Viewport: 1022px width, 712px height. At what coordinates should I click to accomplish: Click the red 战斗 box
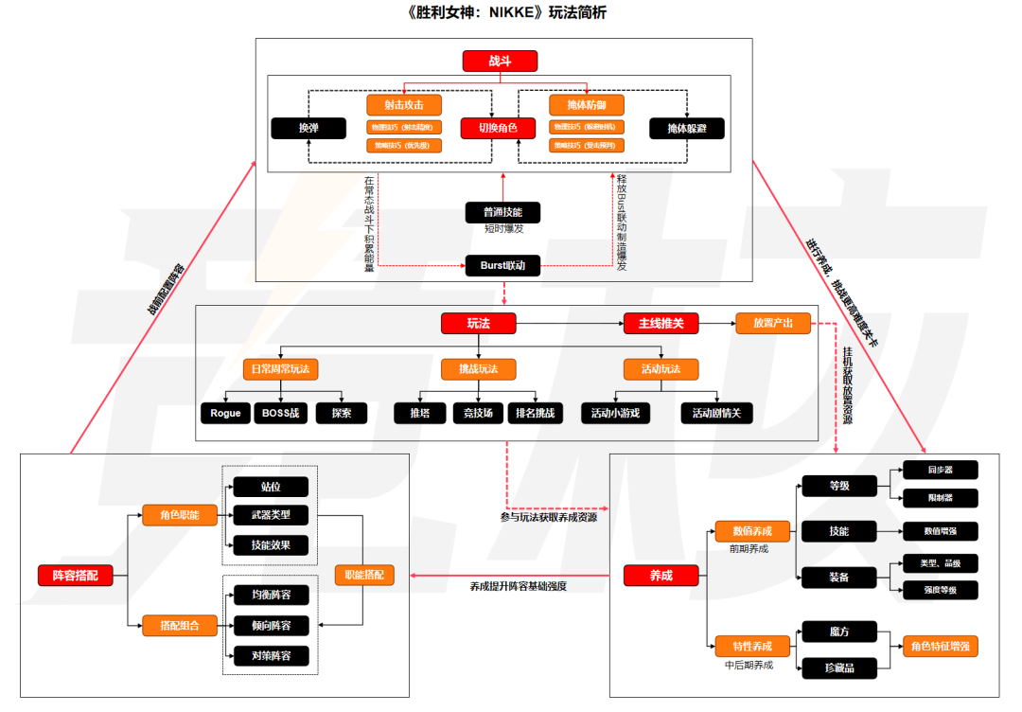[500, 62]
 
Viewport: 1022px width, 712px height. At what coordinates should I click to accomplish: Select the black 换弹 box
[308, 128]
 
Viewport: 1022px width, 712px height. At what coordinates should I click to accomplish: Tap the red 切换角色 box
[498, 128]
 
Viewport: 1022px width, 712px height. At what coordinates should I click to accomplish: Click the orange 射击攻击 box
[404, 105]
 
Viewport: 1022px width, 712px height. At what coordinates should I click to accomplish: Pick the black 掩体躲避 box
[687, 128]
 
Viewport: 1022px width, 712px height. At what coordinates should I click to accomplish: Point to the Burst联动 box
[502, 266]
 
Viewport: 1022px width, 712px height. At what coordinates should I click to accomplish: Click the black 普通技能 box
[502, 212]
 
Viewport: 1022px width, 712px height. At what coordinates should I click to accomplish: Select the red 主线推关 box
[667, 324]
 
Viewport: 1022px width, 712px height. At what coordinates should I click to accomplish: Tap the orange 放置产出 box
[773, 324]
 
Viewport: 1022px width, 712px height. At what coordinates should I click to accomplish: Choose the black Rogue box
[226, 414]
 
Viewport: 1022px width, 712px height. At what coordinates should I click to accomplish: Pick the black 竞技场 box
[477, 414]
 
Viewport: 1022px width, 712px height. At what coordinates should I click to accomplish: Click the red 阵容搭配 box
[75, 575]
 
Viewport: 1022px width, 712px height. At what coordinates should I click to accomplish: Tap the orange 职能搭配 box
[364, 575]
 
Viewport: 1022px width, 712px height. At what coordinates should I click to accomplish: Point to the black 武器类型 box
[271, 516]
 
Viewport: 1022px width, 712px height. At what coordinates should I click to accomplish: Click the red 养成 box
[661, 575]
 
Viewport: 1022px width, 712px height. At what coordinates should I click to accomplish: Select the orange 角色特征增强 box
[941, 647]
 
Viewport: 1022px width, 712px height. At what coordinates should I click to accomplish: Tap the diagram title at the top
[511, 13]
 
